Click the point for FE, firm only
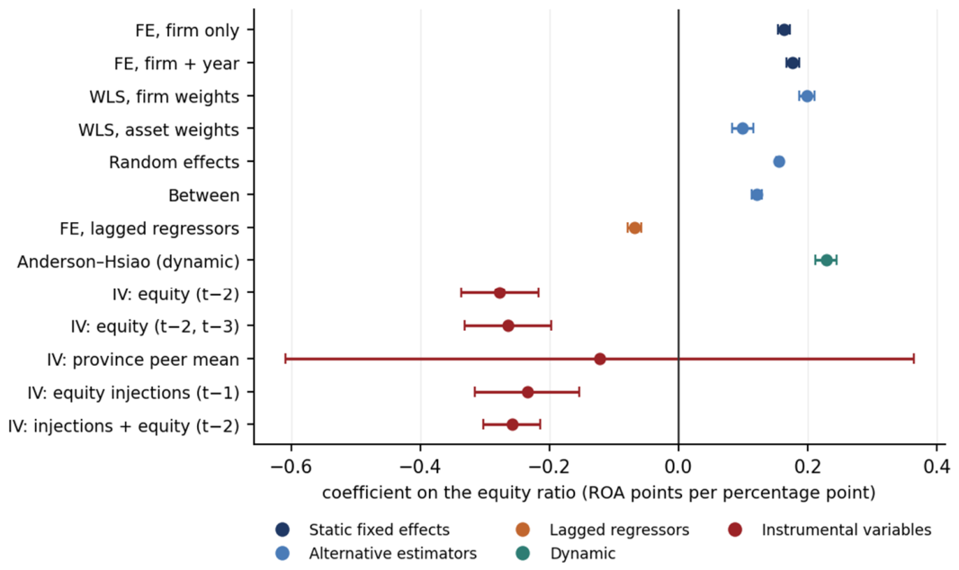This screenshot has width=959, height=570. (x=784, y=30)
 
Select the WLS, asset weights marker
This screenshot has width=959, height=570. (x=742, y=129)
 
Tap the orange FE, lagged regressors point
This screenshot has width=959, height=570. (x=635, y=227)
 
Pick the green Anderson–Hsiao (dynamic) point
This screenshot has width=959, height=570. (x=827, y=260)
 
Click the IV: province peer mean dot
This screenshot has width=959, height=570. (x=600, y=359)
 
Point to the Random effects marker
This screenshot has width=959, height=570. (x=779, y=162)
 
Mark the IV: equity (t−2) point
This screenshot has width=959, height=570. (x=499, y=292)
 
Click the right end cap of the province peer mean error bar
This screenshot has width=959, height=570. (x=914, y=359)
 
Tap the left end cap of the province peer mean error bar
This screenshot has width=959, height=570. (x=285, y=359)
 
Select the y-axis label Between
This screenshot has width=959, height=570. (x=203, y=195)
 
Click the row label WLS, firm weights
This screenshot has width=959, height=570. (x=164, y=96)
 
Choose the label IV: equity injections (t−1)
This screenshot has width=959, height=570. (x=133, y=392)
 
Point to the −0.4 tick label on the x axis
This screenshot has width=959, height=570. (x=420, y=468)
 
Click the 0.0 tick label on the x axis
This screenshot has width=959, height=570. (x=678, y=468)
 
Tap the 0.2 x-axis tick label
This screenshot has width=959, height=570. (x=807, y=468)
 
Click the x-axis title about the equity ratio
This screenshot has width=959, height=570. (x=599, y=493)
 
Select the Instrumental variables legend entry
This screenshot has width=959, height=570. (x=830, y=530)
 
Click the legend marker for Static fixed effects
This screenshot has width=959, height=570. (x=282, y=530)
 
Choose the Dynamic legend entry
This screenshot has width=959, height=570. (x=566, y=554)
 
